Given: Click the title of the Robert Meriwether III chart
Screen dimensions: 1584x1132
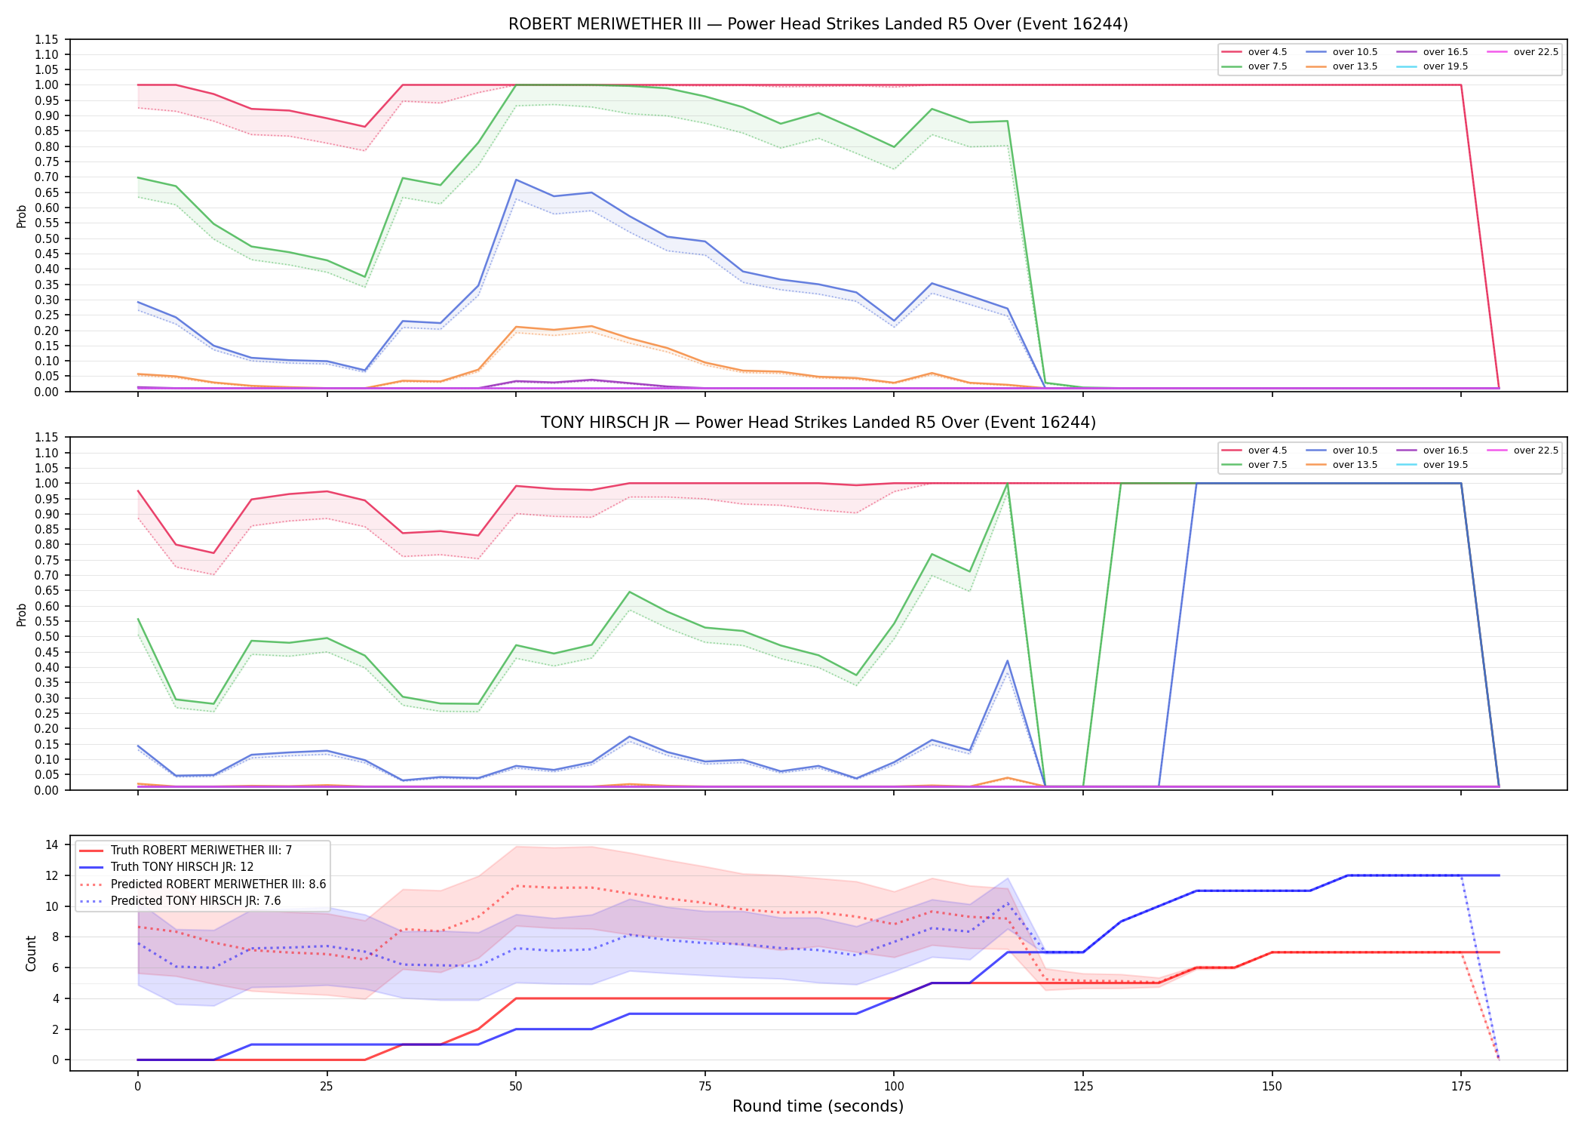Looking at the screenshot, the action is [x=818, y=24].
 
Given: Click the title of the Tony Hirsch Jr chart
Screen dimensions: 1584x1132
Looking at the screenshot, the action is [x=818, y=423].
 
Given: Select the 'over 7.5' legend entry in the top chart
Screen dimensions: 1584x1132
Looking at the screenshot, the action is [x=1255, y=66].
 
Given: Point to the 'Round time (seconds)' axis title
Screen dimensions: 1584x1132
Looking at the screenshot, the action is [x=818, y=1106].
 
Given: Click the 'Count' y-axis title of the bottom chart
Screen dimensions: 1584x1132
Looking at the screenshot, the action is [x=31, y=953].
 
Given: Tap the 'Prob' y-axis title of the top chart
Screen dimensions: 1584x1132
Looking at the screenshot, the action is [x=22, y=216].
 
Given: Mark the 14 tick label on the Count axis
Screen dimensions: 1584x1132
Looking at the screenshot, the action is [x=51, y=844].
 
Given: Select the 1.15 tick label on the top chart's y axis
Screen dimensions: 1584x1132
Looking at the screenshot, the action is [x=47, y=39].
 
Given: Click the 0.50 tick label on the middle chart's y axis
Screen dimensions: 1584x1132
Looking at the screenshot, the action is [x=47, y=636].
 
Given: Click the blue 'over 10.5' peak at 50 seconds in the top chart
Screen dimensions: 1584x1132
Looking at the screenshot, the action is [x=516, y=180].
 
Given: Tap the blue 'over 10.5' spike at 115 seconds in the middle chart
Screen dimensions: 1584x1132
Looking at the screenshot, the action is [x=1008, y=661].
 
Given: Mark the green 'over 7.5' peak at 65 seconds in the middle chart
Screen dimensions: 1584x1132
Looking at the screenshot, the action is [x=629, y=592].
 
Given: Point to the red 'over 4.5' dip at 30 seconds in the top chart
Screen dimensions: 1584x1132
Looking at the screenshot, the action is [x=364, y=127].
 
